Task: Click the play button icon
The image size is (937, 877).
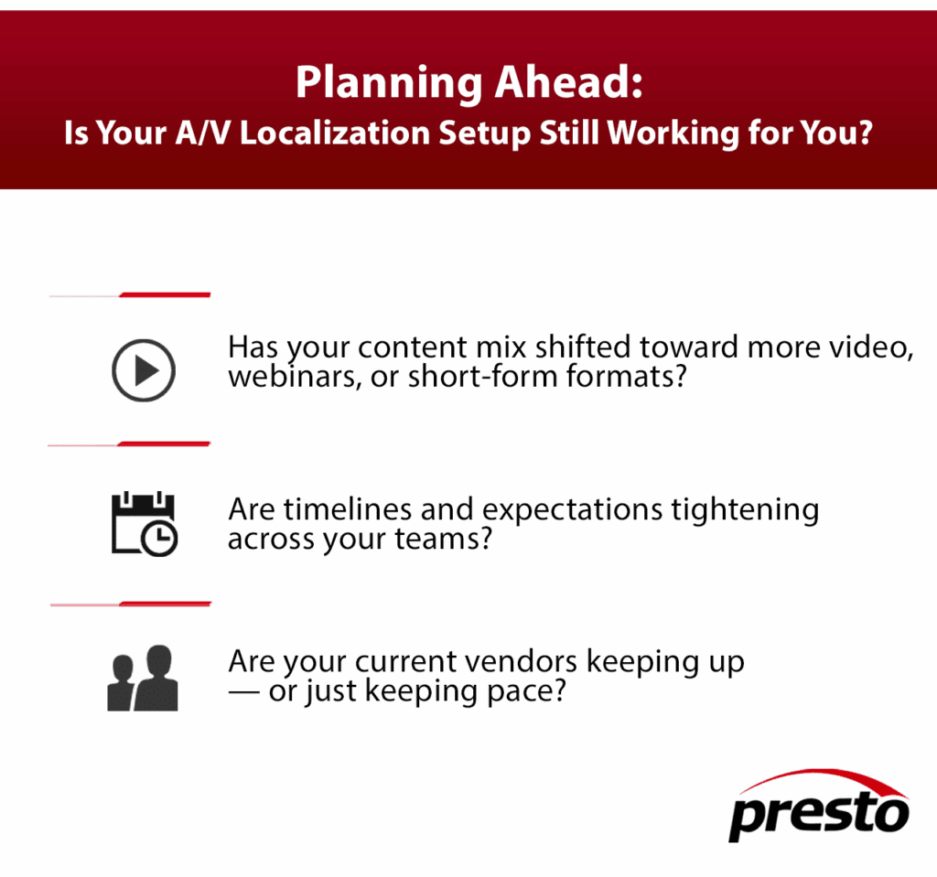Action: click(144, 370)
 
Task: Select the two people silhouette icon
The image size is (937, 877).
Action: click(142, 678)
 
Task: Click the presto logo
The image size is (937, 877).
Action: click(819, 806)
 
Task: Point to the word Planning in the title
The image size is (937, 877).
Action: click(389, 83)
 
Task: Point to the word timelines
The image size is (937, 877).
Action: click(348, 509)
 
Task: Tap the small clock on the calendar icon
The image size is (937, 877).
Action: click(159, 539)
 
